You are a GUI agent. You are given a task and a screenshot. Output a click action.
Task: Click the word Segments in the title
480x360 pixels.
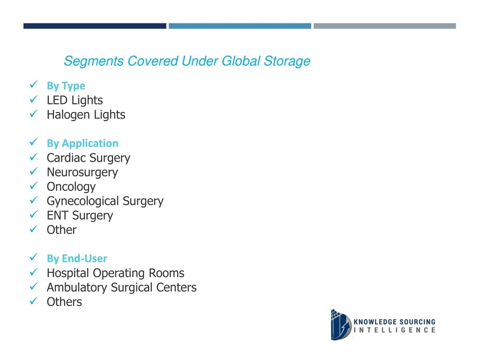click(x=93, y=61)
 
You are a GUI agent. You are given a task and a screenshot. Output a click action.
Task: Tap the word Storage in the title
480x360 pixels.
click(x=287, y=61)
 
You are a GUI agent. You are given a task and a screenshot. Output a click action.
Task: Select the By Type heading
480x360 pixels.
click(x=66, y=86)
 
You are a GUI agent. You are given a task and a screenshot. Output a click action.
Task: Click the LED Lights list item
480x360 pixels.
click(x=75, y=100)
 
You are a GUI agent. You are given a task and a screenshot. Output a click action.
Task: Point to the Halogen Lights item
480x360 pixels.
click(x=86, y=114)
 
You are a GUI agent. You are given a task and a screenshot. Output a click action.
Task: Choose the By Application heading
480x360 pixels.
click(x=82, y=143)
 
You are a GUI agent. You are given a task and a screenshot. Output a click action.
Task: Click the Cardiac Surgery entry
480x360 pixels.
click(x=89, y=157)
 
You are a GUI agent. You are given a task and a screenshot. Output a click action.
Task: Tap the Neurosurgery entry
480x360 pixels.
click(x=82, y=172)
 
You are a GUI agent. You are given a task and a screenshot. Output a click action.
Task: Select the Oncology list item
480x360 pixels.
click(x=71, y=187)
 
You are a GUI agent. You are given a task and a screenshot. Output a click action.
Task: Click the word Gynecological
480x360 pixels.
click(x=82, y=201)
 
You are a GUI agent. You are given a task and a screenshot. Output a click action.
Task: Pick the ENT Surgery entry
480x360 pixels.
click(x=80, y=215)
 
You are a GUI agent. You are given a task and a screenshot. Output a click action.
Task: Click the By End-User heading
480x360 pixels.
click(x=77, y=258)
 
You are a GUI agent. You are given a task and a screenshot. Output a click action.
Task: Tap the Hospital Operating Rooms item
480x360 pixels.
click(x=115, y=273)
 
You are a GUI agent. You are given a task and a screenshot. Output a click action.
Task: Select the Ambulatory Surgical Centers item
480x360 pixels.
click(x=121, y=287)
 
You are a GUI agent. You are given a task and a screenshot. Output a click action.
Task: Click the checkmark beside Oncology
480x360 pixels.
click(x=33, y=186)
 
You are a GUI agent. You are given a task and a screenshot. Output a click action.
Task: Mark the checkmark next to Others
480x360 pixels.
click(x=33, y=300)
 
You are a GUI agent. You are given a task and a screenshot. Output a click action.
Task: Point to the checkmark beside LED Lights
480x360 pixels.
click(x=33, y=99)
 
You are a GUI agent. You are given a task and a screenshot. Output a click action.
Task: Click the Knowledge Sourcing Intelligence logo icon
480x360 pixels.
click(x=341, y=325)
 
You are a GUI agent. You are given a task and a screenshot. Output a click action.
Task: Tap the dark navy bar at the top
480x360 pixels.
click(x=95, y=26)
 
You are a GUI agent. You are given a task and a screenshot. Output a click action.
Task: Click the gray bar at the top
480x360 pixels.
click(x=385, y=26)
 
